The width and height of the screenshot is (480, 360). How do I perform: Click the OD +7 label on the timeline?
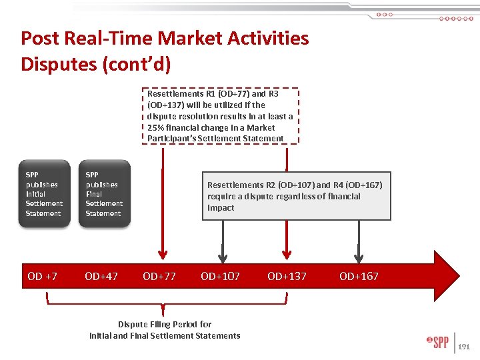coord(42,276)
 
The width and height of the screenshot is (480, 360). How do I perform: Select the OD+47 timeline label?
coord(101,276)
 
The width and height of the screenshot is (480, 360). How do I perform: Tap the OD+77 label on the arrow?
coord(159,276)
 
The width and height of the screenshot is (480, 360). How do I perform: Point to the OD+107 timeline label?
coord(220,276)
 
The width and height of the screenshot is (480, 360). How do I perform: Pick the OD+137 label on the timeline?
coord(287,276)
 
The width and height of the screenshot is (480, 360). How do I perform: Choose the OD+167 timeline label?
coord(359,276)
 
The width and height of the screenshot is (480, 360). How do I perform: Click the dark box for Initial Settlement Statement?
coord(44,194)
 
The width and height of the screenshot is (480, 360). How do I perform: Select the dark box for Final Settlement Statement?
coord(104,194)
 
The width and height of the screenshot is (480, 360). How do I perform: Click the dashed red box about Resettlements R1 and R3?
coord(221,116)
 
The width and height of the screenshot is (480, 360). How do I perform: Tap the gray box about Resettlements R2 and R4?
coord(295,196)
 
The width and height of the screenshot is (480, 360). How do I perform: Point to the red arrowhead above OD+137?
coord(287,255)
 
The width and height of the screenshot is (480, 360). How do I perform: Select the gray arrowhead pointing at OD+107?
coord(223,256)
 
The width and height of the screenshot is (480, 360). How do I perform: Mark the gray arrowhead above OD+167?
coord(359,256)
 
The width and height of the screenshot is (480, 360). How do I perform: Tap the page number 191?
coord(464,347)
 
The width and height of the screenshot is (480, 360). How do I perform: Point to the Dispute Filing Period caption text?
coord(165,330)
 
